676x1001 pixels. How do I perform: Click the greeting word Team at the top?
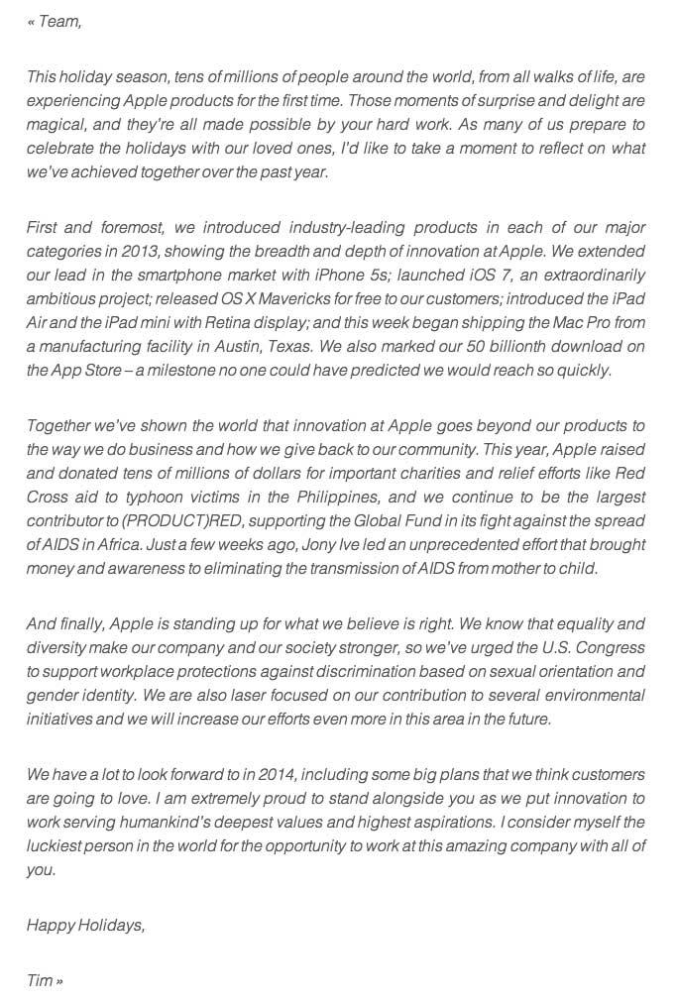59,21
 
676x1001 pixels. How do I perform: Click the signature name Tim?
40,980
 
